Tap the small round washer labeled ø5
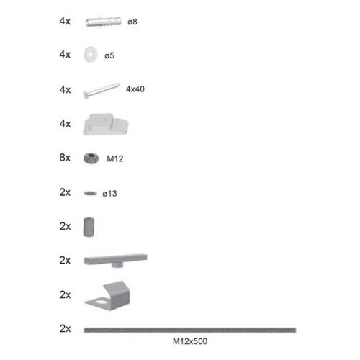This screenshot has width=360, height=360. tap(91, 55)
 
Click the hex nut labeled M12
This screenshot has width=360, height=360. tap(91, 158)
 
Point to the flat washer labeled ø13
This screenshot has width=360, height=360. tap(90, 193)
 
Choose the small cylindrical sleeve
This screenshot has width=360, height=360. tap(89, 226)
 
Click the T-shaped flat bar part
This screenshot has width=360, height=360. tap(114, 258)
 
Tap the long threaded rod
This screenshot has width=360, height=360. tap(189, 329)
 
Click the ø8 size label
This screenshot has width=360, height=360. tap(132, 22)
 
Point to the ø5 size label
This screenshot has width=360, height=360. tap(109, 55)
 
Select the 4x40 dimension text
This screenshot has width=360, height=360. tap(137, 89)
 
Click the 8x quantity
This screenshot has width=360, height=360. tap(65, 158)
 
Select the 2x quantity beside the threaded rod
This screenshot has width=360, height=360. tap(65, 328)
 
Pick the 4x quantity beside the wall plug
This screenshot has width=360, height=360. tap(65, 22)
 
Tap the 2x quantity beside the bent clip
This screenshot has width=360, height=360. tap(65, 294)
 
